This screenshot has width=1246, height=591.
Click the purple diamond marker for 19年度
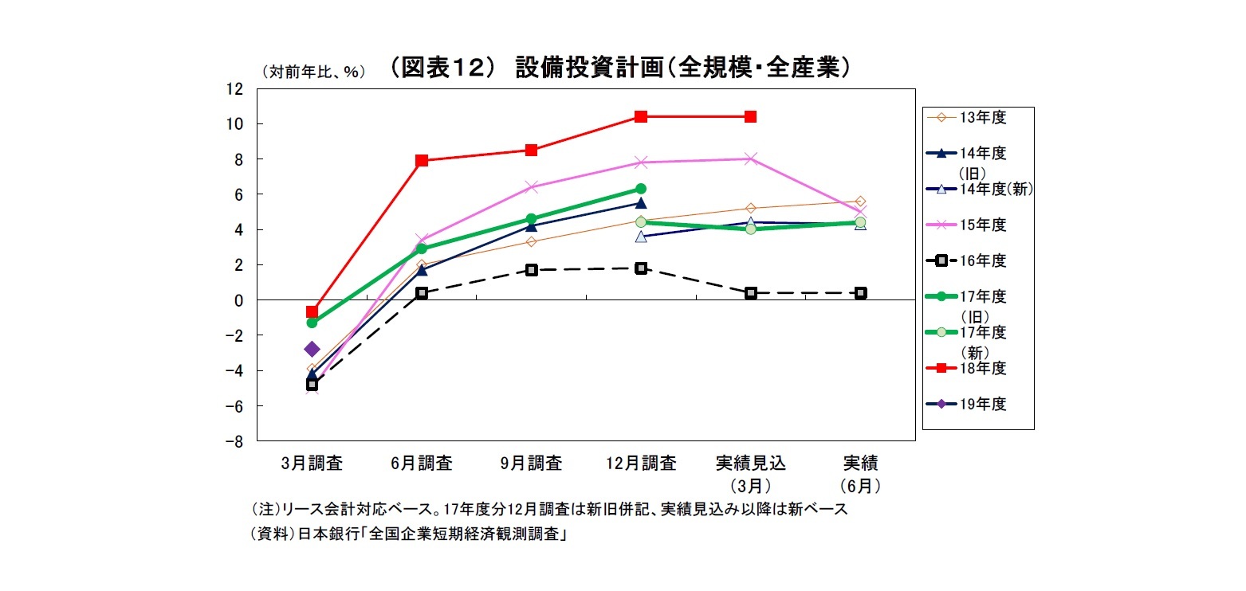click(312, 349)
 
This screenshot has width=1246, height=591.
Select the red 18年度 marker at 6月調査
click(422, 160)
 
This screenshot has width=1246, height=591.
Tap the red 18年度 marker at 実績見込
click(750, 116)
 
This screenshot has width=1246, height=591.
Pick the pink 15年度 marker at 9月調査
click(532, 187)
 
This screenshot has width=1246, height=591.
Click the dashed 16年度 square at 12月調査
click(641, 268)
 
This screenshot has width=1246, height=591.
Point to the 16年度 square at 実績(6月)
click(860, 293)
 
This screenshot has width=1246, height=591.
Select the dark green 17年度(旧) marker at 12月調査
click(641, 189)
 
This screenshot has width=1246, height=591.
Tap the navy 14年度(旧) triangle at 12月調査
click(641, 203)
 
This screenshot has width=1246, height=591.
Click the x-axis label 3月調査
click(312, 463)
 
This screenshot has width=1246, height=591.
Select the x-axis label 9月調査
click(532, 463)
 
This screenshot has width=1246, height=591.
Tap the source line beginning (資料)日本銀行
click(409, 535)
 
